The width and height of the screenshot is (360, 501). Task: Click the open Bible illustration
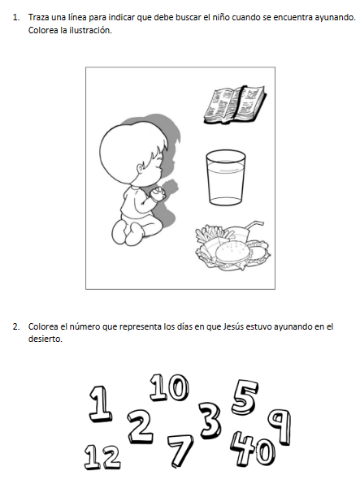click(x=235, y=105)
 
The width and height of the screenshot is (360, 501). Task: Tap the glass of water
click(x=226, y=178)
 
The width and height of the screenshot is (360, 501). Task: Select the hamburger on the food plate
click(x=232, y=253)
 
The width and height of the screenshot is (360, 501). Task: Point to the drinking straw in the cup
click(x=254, y=227)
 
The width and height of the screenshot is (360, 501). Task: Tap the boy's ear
click(x=140, y=168)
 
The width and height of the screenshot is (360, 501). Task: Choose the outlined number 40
click(x=253, y=449)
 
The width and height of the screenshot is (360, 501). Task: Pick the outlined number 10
click(x=169, y=387)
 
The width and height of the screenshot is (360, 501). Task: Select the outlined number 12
click(x=102, y=457)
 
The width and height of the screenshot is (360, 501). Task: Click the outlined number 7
click(x=180, y=451)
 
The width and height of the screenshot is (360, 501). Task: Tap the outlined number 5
click(x=245, y=397)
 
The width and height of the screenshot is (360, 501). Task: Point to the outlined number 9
click(x=280, y=426)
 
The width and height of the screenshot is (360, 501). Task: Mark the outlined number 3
click(x=210, y=420)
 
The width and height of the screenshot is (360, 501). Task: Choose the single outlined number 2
click(x=140, y=426)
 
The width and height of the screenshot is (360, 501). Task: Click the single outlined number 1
click(x=101, y=404)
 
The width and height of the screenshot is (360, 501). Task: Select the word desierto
click(x=45, y=339)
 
